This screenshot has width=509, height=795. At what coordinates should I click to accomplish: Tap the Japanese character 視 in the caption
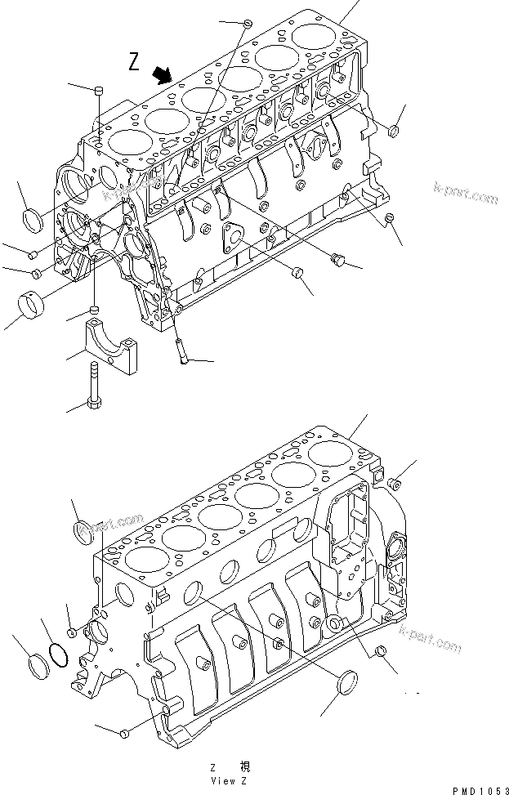244,767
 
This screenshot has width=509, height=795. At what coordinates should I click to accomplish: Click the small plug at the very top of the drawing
245,22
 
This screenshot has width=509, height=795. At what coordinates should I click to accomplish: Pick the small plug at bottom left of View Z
123,734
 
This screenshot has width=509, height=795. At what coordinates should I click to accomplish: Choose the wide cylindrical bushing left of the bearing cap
31,308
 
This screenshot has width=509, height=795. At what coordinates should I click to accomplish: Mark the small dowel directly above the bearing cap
95,310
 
